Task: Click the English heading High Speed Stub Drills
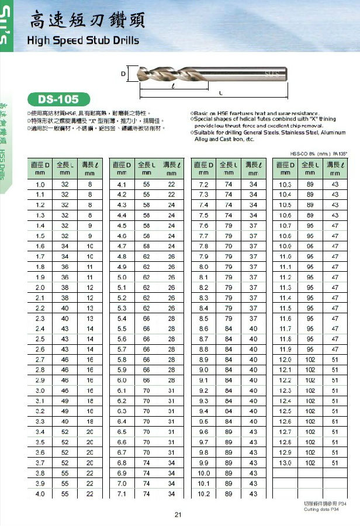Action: pyautogui.click(x=84, y=40)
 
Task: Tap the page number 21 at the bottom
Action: pyautogui.click(x=178, y=514)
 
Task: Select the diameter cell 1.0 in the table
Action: pyautogui.click(x=40, y=185)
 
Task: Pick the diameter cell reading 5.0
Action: pyautogui.click(x=122, y=278)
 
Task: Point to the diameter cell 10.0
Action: pyautogui.click(x=204, y=473)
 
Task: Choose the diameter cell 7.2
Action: pyautogui.click(x=204, y=185)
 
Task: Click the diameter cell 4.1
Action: pyautogui.click(x=122, y=185)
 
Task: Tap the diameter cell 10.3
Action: pyautogui.click(x=285, y=185)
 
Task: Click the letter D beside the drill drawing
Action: pyautogui.click(x=124, y=74)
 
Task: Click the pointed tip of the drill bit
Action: pyautogui.click(x=138, y=74)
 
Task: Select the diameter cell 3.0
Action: pyautogui.click(x=40, y=390)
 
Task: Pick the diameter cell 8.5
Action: pyautogui.click(x=204, y=319)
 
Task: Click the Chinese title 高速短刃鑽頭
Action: pyautogui.click(x=88, y=22)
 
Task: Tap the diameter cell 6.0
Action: pyautogui.click(x=122, y=380)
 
